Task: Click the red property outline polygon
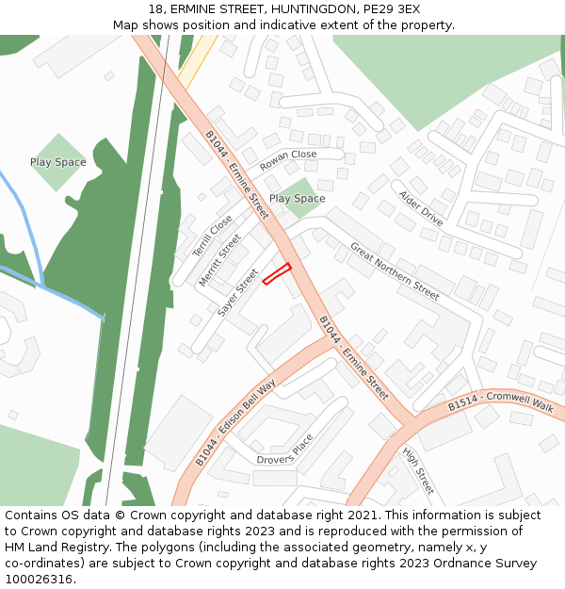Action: (277, 273)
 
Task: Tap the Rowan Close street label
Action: (288, 159)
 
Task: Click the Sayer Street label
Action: (237, 292)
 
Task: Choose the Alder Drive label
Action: (420, 208)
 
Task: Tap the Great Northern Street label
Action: (395, 271)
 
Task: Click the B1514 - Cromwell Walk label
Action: (501, 402)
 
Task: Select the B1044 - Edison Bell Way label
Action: (235, 423)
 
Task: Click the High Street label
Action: (418, 471)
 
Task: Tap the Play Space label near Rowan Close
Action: (297, 199)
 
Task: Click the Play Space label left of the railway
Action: (57, 162)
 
